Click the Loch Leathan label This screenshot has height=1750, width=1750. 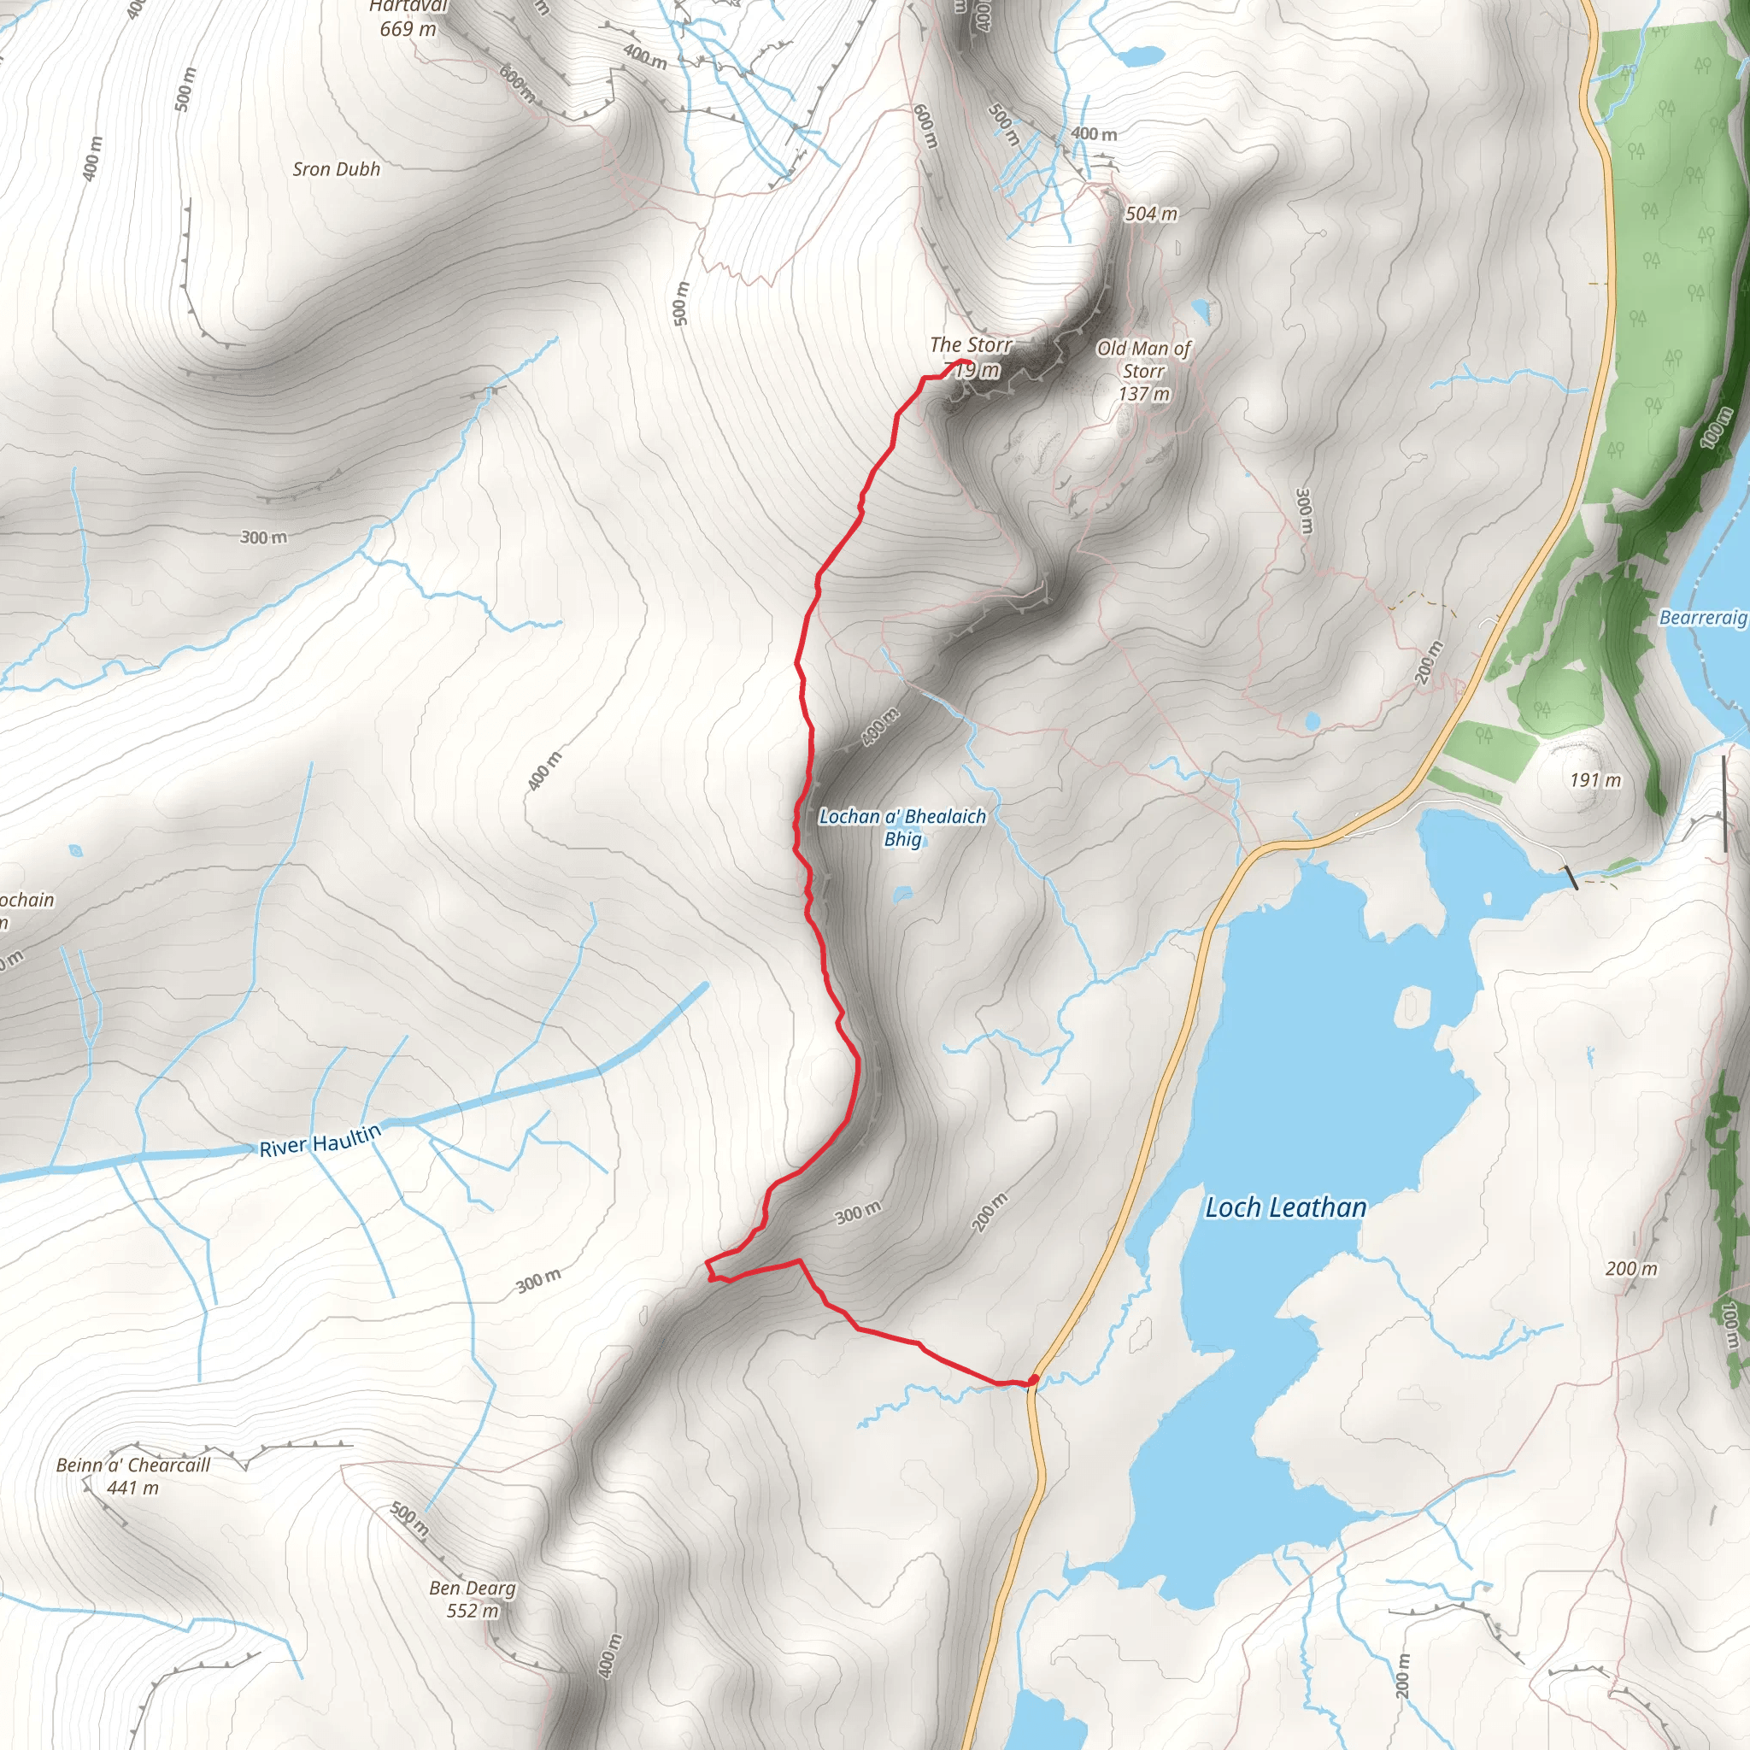(x=1285, y=1207)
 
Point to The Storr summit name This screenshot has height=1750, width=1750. (x=970, y=345)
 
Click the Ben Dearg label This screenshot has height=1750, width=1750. (x=472, y=1588)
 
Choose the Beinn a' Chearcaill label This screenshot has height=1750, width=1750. (x=133, y=1465)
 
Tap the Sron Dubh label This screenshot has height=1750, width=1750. (x=336, y=169)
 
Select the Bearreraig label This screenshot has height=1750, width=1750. (x=1703, y=617)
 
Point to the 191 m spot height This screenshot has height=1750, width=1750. (x=1595, y=780)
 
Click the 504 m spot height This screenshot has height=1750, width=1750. (x=1151, y=214)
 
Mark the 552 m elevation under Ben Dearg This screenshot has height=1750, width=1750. (x=472, y=1611)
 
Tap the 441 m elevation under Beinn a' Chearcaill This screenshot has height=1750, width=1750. (x=132, y=1488)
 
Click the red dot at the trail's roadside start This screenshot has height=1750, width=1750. (x=1034, y=1381)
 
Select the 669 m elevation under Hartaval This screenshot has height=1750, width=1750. (x=408, y=29)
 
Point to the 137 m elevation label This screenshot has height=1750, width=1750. (x=1144, y=394)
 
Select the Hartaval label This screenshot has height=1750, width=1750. (x=408, y=6)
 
